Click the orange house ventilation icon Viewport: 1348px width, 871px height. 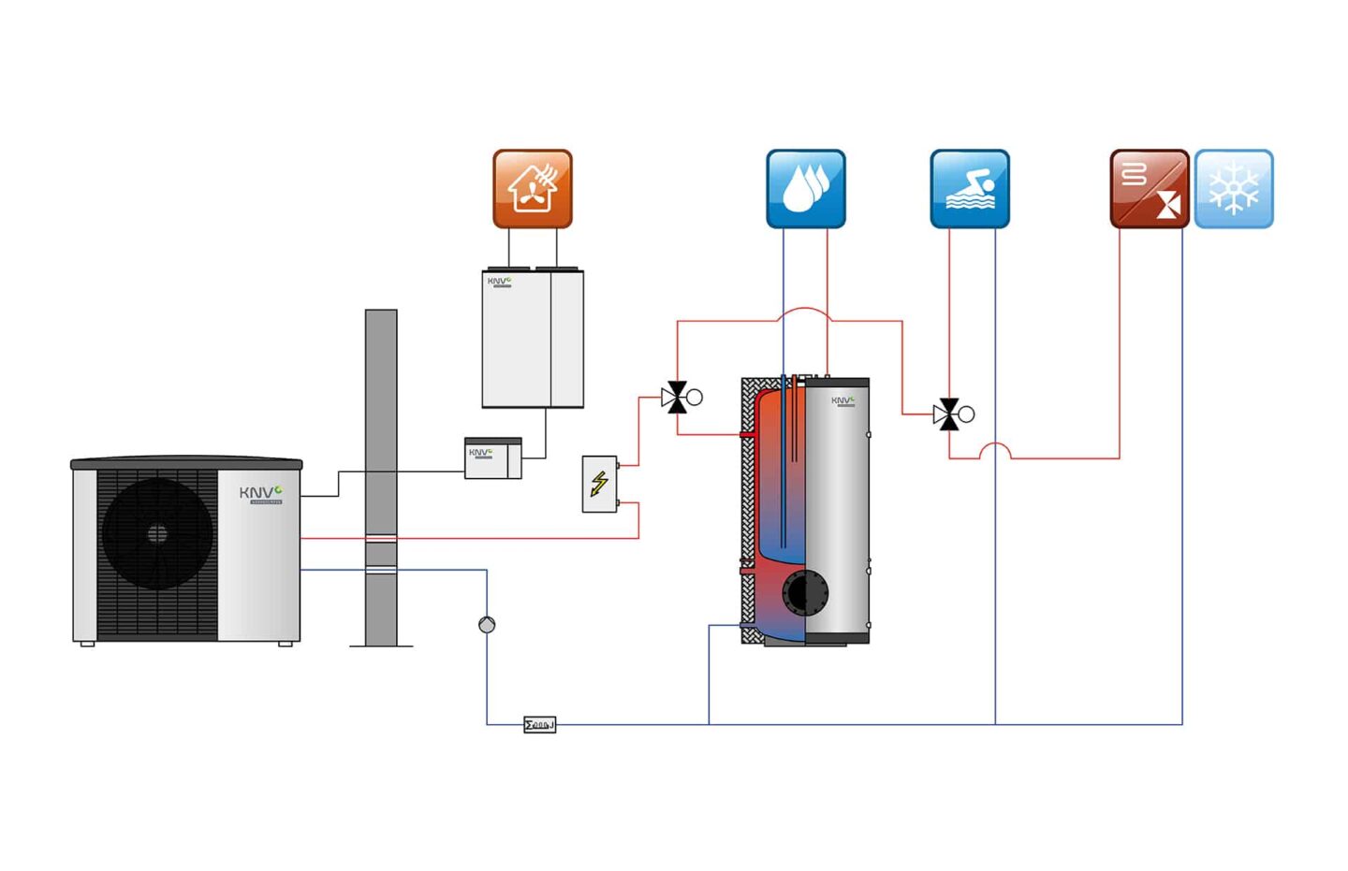(x=532, y=188)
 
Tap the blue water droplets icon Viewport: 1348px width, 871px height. (x=805, y=188)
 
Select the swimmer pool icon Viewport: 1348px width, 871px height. (x=969, y=188)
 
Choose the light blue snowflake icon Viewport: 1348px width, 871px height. (x=1233, y=188)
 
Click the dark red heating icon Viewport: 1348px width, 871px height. (x=1149, y=188)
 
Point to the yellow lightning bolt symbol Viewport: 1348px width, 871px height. (x=599, y=483)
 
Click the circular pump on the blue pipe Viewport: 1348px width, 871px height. (x=487, y=624)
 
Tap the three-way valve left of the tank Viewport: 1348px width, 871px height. (x=676, y=398)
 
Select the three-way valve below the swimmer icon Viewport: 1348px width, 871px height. (x=949, y=414)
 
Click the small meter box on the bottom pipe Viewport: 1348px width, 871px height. (x=539, y=724)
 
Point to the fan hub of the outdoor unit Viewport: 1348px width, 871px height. (x=157, y=533)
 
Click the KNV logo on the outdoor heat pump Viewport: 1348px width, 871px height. (x=259, y=493)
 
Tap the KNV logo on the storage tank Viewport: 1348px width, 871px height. (x=842, y=400)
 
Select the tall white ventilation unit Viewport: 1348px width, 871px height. (x=533, y=339)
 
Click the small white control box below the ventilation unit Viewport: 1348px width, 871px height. (x=492, y=458)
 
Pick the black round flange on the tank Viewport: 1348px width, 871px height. (x=805, y=592)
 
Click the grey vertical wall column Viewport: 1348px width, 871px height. (x=381, y=421)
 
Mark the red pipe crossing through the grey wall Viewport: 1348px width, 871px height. (x=381, y=538)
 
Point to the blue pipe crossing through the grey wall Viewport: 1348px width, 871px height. (x=381, y=569)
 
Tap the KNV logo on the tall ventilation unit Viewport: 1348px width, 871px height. (x=498, y=281)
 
